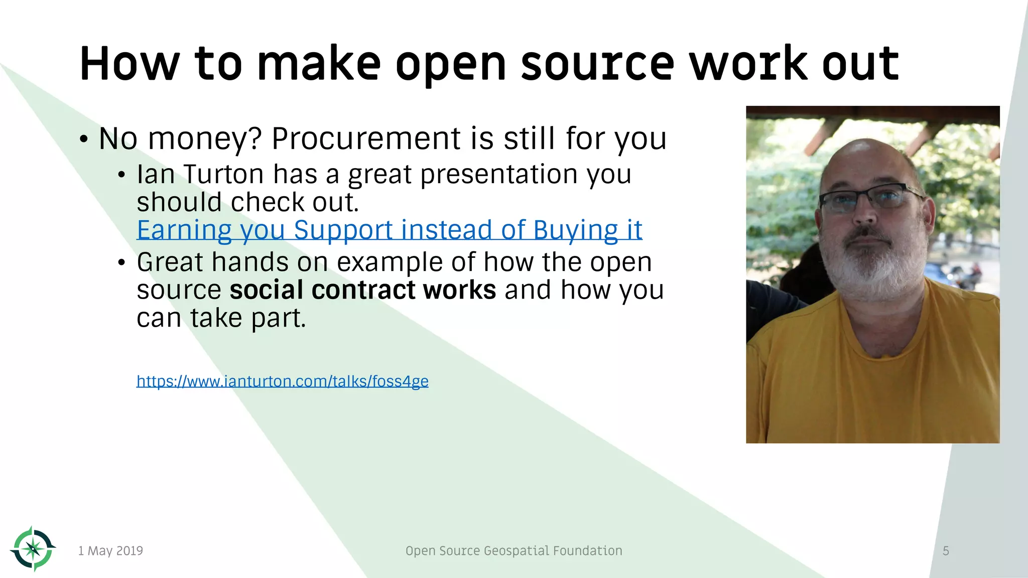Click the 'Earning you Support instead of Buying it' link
(389, 231)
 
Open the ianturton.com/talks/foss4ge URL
(282, 381)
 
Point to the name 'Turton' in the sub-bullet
(223, 175)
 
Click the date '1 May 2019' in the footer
(110, 551)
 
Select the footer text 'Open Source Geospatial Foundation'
(513, 551)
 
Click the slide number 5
(946, 551)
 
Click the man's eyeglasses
(871, 199)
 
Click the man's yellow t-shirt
(873, 381)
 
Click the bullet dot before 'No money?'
(84, 139)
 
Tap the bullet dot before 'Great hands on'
(121, 263)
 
